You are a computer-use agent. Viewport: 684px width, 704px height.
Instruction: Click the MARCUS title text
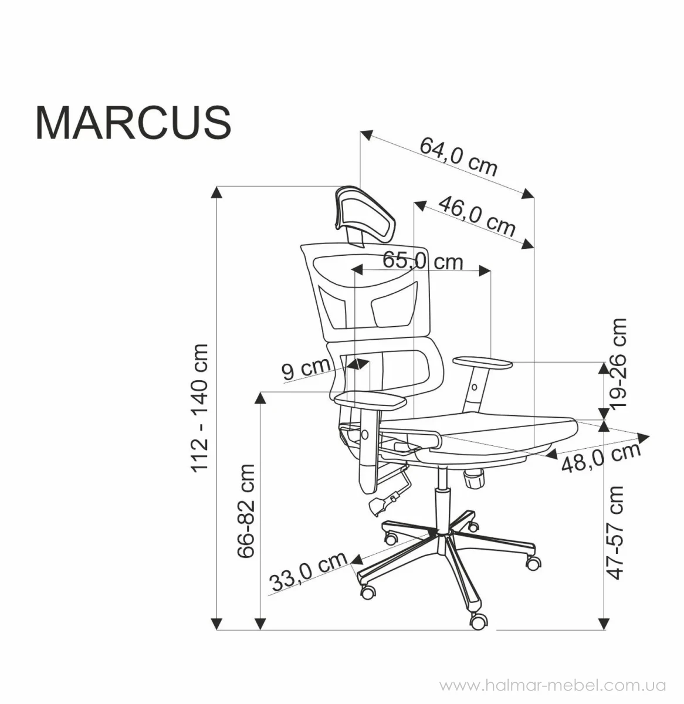(133, 123)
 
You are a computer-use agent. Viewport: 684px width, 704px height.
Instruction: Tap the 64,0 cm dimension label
(459, 157)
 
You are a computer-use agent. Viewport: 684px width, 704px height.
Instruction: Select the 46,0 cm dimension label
(477, 216)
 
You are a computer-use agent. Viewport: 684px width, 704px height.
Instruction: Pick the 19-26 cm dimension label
(618, 363)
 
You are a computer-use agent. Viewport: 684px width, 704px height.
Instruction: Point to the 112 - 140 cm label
(199, 407)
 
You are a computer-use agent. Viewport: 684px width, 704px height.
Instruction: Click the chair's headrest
(364, 216)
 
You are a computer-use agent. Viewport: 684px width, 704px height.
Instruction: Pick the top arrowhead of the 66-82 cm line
(260, 398)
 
